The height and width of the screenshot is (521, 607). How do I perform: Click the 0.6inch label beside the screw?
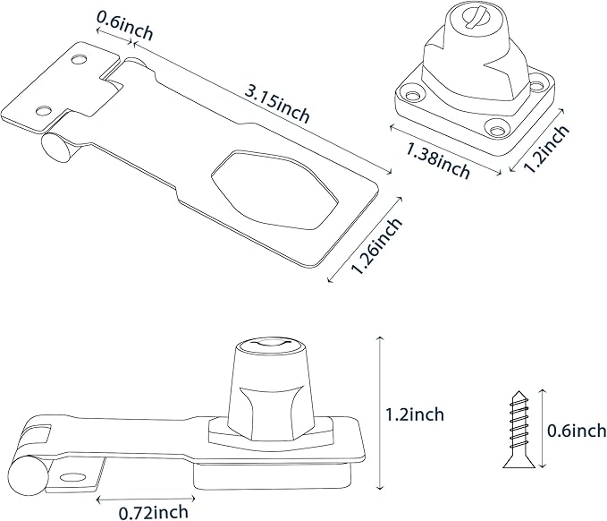pos(576,431)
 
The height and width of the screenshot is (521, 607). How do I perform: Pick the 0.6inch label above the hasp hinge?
pos(125,27)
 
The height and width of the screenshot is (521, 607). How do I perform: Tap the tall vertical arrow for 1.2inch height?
pos(380,413)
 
